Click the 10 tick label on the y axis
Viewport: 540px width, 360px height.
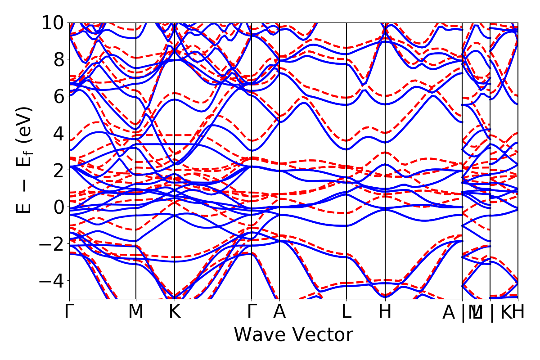[x=53, y=22]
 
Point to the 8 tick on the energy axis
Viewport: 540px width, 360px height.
[x=59, y=59]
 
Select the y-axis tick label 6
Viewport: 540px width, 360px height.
[x=59, y=96]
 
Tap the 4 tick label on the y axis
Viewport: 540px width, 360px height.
[x=59, y=133]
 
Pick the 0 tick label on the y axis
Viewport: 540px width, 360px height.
[x=59, y=207]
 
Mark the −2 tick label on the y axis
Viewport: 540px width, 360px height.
[x=53, y=244]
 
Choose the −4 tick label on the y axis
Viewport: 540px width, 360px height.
[x=53, y=281]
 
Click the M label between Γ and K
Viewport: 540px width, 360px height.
[x=136, y=312]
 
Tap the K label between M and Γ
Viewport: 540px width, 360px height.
[x=175, y=312]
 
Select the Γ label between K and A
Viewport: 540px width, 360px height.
[x=251, y=312]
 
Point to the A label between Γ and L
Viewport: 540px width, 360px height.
[x=279, y=312]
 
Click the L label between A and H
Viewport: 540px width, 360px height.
[x=346, y=312]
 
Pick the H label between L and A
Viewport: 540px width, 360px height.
[x=385, y=312]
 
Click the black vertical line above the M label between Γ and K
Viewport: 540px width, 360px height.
[x=136, y=135]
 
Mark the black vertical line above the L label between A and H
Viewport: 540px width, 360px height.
[x=346, y=135]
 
